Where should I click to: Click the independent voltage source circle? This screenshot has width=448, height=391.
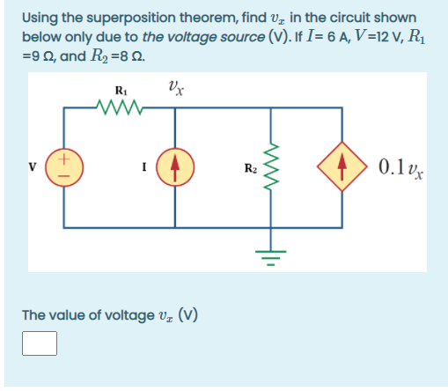point(64,167)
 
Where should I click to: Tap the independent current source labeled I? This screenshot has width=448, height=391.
point(175,167)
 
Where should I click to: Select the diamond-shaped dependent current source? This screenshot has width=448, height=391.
point(342,166)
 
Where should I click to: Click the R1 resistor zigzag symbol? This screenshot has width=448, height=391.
point(120,107)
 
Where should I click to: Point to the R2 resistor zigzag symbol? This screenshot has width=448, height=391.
point(271,166)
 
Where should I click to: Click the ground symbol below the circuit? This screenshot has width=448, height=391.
point(271,258)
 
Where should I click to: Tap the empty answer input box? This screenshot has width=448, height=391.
point(40,343)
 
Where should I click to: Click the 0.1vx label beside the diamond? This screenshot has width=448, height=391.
point(400,169)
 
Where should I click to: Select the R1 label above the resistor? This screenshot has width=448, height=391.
point(121,91)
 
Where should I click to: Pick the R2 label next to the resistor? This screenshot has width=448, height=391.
point(251,168)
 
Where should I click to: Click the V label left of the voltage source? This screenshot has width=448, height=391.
point(33,166)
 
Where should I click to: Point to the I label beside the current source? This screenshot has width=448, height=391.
point(144,167)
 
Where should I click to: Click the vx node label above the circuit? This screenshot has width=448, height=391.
point(176,88)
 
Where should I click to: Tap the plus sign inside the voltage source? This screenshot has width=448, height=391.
point(64,159)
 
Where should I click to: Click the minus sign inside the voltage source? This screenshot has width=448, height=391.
point(64,176)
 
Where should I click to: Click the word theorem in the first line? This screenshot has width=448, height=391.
point(209,18)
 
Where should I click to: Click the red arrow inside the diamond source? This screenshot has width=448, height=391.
point(342,167)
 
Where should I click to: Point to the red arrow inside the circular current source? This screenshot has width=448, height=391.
point(175,168)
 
